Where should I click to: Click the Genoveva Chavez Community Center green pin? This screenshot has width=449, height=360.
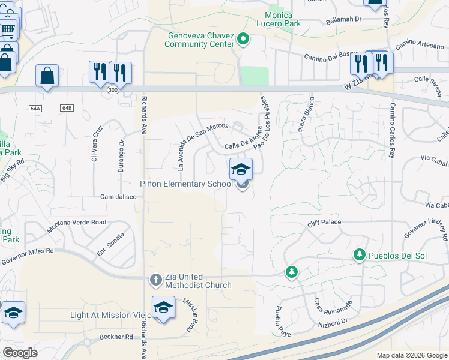243,40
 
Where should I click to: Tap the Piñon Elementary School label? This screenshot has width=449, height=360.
187,184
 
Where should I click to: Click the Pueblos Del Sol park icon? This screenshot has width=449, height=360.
360,256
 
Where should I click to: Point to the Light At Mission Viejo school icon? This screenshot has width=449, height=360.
163,307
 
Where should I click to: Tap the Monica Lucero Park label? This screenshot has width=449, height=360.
279,19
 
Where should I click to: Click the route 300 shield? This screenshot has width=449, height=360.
112,89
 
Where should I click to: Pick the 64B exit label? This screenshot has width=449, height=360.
66,108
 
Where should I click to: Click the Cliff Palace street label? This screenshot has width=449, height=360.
324,222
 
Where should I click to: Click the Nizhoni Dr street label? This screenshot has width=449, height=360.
336,321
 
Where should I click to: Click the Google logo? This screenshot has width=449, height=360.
20,353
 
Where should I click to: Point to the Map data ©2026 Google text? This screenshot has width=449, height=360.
412,355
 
